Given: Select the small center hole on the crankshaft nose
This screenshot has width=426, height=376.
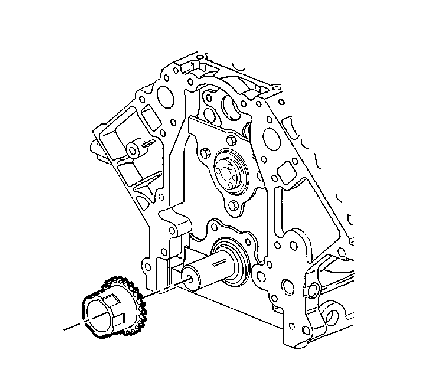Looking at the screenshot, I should pyautogui.click(x=189, y=278).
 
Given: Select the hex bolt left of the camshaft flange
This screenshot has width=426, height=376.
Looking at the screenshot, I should pyautogui.click(x=205, y=153).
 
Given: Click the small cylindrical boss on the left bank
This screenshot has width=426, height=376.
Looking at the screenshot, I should pyautogui.click(x=133, y=149).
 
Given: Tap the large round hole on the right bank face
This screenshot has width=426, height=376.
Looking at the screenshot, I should pyautogui.click(x=270, y=137).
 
